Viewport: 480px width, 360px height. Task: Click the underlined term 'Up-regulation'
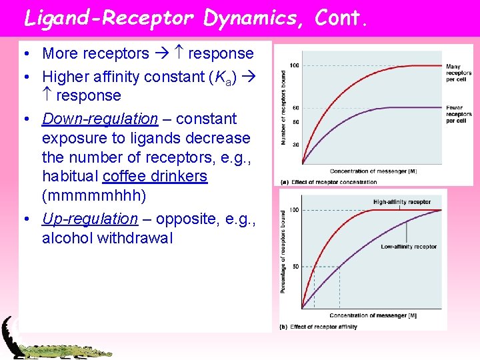point(89,219)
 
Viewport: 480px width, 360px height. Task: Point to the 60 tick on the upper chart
point(295,107)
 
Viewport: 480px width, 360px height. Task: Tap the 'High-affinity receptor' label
point(401,202)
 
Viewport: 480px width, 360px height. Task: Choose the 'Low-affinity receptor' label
point(409,247)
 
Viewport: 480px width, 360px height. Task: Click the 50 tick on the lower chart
point(295,267)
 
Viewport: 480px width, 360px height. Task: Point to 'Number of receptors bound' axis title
point(283,107)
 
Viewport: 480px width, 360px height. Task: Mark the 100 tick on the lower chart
point(294,210)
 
